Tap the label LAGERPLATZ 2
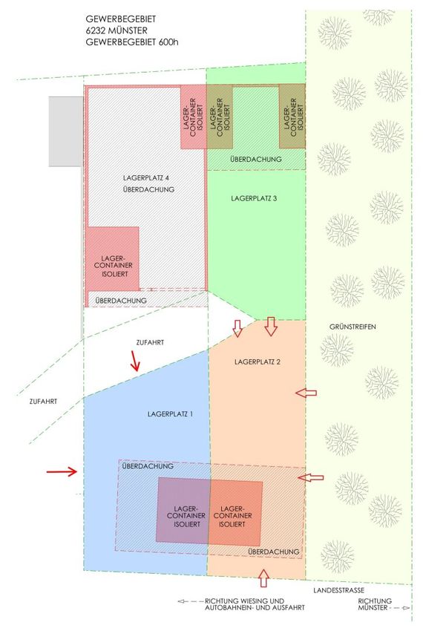click(256, 362)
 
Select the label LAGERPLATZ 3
click(254, 198)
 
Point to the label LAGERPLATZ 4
click(145, 178)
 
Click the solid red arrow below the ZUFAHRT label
click(135, 362)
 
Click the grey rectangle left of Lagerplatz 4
click(65, 131)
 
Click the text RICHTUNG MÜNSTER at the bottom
click(375, 606)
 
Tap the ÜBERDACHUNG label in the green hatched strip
click(255, 160)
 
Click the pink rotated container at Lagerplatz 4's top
click(192, 117)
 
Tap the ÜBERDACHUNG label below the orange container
click(275, 552)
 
